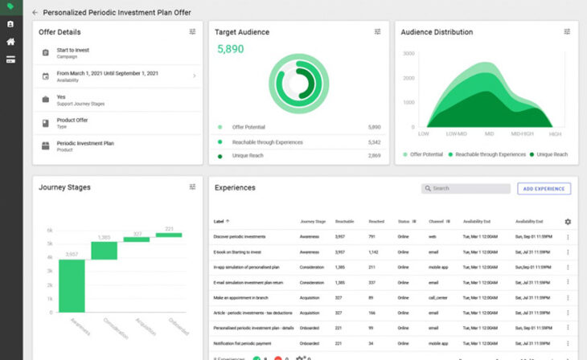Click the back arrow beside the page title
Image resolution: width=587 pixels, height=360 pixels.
(35, 13)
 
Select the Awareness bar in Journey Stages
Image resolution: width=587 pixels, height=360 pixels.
(72, 286)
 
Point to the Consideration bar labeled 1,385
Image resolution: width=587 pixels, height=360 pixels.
(104, 251)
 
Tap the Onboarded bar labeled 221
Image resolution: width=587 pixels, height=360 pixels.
(169, 235)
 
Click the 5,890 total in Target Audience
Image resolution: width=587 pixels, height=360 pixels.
(230, 50)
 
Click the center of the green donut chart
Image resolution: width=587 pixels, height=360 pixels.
(298, 82)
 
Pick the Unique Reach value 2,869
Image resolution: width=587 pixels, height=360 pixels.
(374, 155)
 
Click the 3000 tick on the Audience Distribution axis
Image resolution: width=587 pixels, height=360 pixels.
(408, 53)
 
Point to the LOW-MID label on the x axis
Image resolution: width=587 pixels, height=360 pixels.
(457, 133)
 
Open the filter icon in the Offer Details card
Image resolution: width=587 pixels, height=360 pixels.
(192, 32)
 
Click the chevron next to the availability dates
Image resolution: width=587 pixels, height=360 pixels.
(194, 76)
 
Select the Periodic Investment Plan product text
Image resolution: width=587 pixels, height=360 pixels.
(85, 143)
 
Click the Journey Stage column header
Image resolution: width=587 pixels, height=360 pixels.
(312, 222)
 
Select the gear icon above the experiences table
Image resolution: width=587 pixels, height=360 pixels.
(568, 222)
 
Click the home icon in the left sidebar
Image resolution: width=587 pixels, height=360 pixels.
(11, 42)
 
